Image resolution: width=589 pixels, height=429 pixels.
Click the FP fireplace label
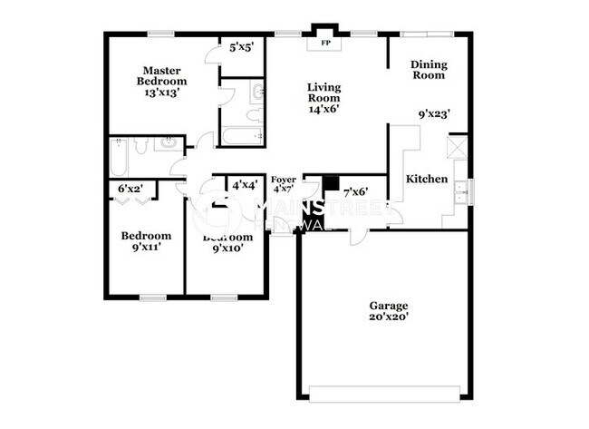(323, 42)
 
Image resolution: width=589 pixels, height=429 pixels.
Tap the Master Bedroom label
(162, 75)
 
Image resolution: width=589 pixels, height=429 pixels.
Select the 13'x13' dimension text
(162, 92)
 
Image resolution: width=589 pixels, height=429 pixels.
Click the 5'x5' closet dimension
(241, 46)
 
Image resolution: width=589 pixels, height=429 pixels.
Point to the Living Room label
(323, 93)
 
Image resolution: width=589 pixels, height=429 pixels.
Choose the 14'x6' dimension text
(323, 109)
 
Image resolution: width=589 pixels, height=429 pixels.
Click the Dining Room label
(428, 70)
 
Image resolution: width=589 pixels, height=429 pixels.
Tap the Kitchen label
(426, 179)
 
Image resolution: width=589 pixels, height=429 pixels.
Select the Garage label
(388, 306)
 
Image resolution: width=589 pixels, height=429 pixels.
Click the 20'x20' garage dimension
(388, 318)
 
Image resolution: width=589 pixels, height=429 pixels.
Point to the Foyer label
(283, 180)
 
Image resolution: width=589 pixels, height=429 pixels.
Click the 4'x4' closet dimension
(244, 185)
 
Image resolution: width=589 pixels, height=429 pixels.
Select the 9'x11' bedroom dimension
(146, 246)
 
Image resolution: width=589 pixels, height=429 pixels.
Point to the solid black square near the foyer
(330, 182)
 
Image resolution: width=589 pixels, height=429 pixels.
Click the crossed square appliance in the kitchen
(459, 147)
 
